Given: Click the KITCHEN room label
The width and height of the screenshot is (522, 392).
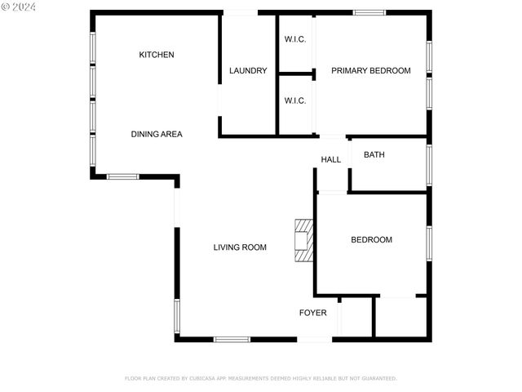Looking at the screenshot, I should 157,55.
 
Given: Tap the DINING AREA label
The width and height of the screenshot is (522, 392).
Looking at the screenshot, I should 157,134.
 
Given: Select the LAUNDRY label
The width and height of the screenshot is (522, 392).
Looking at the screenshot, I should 248,71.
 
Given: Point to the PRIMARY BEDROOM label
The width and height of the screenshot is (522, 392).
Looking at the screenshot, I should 370,71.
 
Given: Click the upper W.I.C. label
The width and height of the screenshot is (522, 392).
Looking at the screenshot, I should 295,40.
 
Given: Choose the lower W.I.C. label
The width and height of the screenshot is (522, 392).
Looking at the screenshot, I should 295,101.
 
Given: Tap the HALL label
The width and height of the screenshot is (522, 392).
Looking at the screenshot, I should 331,159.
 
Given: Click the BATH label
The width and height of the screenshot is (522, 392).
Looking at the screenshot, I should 374,154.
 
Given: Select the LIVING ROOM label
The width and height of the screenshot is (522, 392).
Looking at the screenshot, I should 240,247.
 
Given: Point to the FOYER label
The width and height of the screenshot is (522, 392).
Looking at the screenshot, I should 313,313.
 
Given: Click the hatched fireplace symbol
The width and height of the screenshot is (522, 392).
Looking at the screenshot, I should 304,240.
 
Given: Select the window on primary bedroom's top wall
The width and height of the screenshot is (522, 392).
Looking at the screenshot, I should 369,12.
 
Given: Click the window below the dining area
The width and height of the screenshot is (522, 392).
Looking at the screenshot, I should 123,176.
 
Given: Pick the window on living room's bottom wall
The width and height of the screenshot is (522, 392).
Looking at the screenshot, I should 232,339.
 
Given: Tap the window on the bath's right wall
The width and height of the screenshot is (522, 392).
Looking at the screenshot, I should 428,165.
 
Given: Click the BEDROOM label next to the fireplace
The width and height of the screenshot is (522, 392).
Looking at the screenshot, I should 371,240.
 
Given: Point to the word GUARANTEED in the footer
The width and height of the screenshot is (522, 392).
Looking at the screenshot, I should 378,378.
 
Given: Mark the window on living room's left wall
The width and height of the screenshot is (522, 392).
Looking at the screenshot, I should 176,317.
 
